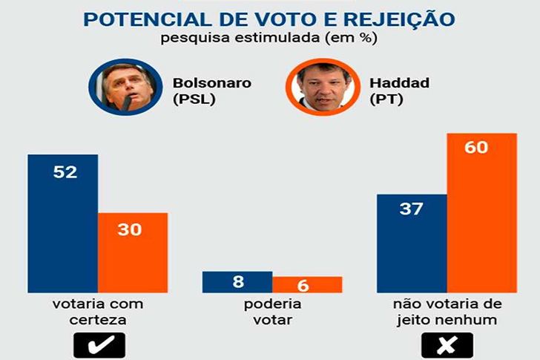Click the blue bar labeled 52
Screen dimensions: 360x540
tap(62, 223)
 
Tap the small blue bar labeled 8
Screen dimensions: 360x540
tap(237, 282)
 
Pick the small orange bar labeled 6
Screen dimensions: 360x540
tap(306, 284)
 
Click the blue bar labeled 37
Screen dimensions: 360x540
tap(411, 243)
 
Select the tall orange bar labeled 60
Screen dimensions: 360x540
tap(481, 213)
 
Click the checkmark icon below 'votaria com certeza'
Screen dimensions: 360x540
tap(99, 345)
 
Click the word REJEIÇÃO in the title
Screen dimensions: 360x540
tap(401, 18)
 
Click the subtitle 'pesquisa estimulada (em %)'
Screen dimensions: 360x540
tap(269, 38)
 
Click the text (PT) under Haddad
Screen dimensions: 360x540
tap(389, 99)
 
